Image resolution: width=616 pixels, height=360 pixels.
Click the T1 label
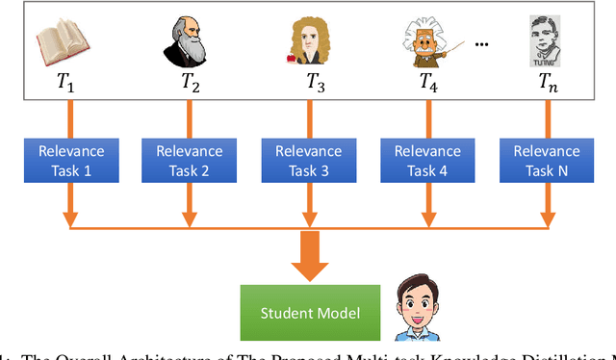pos(65,83)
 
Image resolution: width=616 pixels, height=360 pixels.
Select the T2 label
pos(190,83)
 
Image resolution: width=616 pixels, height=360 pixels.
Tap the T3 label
pos(315,83)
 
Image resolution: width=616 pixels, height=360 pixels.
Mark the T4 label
pos(428,83)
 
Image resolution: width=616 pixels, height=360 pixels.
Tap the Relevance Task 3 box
pos(308,160)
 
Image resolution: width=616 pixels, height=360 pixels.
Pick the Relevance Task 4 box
pos(427,160)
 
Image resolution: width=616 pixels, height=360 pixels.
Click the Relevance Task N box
pos(547,160)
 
